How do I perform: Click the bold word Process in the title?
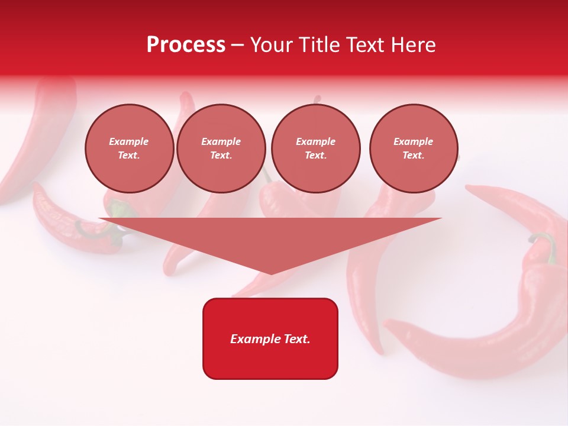coord(186,45)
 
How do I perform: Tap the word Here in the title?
coord(413,45)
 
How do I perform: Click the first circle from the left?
coord(129,149)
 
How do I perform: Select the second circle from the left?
coord(221,149)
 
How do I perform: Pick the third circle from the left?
coord(315,149)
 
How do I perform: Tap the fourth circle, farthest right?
coord(414,149)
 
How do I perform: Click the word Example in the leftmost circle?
coord(129,141)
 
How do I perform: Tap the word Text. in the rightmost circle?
coord(414,156)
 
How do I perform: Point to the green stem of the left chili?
coord(119,209)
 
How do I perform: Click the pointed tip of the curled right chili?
coord(388,324)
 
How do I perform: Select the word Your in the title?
coord(271,45)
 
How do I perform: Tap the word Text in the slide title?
coord(366,45)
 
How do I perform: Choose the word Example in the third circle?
coord(315,141)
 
